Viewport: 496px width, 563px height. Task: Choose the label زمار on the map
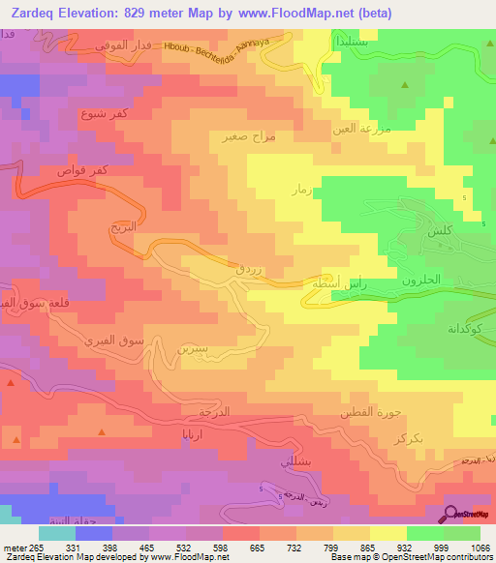[x=300, y=191]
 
